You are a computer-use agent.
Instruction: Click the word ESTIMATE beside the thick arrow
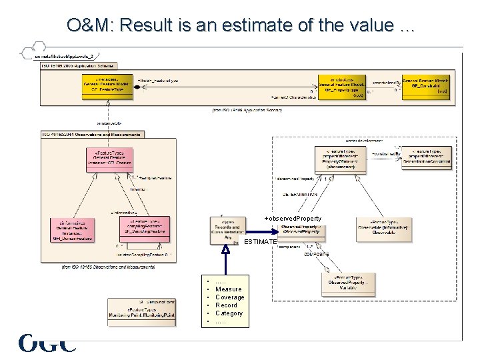point(261,241)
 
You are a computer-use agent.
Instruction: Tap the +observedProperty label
point(293,219)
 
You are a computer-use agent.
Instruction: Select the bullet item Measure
point(229,289)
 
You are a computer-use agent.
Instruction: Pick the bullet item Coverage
point(230,297)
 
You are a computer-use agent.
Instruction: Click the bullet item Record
point(226,305)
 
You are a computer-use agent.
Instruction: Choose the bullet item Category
point(229,313)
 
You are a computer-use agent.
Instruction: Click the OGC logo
point(47,343)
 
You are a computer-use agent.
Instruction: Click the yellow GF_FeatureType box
point(106,85)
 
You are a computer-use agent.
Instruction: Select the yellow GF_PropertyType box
point(341,86)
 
